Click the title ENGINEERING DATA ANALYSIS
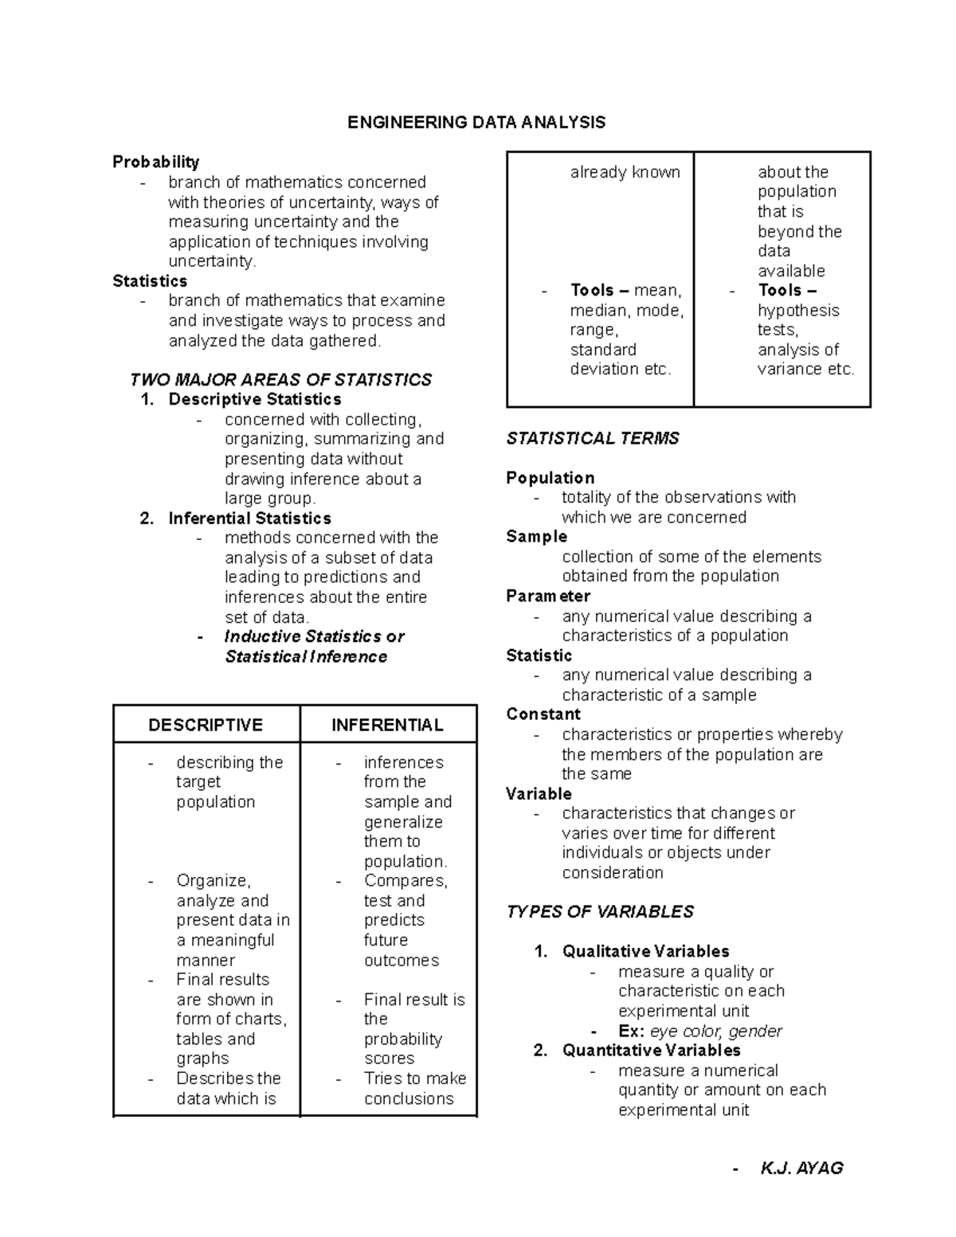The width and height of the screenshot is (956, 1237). (476, 122)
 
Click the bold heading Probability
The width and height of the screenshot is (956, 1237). (155, 162)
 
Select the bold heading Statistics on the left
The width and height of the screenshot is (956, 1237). (150, 280)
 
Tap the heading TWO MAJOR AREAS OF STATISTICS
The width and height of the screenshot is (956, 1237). (280, 379)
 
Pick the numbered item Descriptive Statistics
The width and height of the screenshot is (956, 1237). (255, 399)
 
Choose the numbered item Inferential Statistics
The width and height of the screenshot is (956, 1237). (249, 518)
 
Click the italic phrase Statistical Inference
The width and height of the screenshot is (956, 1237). (306, 656)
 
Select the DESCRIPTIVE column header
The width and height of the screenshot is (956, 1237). (206, 725)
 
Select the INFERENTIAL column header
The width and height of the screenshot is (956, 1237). (387, 725)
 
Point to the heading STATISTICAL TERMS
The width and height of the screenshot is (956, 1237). (593, 438)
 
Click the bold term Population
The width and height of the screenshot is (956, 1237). (550, 478)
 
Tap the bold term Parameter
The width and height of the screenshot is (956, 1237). (548, 596)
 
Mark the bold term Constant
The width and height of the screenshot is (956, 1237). (543, 714)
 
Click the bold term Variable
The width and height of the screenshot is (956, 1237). (539, 793)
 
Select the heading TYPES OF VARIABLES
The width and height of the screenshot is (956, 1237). (600, 911)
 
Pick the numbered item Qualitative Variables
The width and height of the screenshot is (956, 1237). (645, 951)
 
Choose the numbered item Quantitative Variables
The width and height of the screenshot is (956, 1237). (651, 1050)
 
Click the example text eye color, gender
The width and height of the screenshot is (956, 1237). (716, 1031)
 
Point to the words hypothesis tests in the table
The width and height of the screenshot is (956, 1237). (797, 319)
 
